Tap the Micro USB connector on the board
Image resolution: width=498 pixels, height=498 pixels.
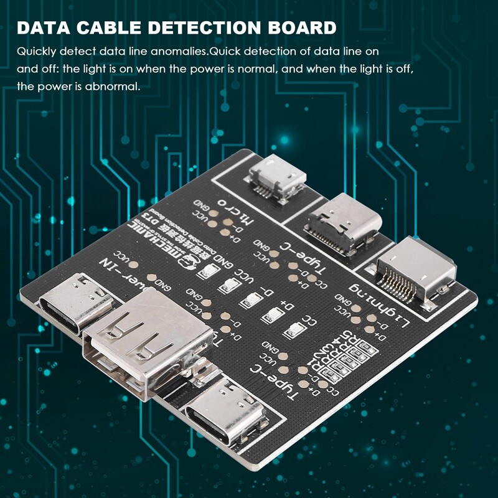tap(277, 177)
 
